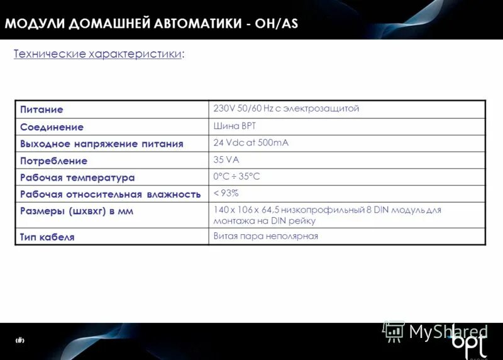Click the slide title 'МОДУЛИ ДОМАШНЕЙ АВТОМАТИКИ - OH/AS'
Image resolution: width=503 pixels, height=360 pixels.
[x=151, y=24]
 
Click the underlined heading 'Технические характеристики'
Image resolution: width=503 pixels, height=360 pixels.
[x=99, y=54]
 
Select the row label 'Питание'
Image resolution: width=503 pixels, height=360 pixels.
[x=41, y=110]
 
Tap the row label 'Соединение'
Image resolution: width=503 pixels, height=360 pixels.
[x=52, y=127]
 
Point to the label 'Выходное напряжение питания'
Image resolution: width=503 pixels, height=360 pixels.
[x=101, y=143]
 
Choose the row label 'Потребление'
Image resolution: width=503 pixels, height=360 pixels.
[x=53, y=160]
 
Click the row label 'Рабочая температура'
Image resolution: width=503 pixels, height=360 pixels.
[x=77, y=177]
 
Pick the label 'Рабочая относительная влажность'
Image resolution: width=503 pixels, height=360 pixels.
[x=110, y=194]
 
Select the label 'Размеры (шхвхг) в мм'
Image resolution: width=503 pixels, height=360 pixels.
[x=77, y=211]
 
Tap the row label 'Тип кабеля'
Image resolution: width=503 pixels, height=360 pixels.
[x=47, y=237]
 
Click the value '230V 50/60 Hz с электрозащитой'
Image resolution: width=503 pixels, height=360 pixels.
[x=286, y=108]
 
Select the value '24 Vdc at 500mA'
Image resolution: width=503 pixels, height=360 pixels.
[x=251, y=143]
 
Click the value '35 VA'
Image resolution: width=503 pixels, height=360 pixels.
[x=226, y=160]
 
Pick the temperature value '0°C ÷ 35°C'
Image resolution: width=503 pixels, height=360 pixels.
[x=236, y=176]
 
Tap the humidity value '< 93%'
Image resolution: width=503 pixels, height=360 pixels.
[x=226, y=193]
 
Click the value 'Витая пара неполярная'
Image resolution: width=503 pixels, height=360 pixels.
[x=265, y=236]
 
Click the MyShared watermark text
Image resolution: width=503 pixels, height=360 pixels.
[x=448, y=332]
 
